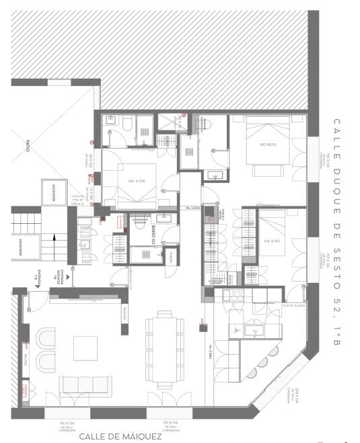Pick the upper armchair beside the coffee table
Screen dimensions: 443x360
[x=46, y=337]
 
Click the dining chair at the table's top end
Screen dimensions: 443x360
[x=164, y=313]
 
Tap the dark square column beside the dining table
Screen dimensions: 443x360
[x=201, y=328]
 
